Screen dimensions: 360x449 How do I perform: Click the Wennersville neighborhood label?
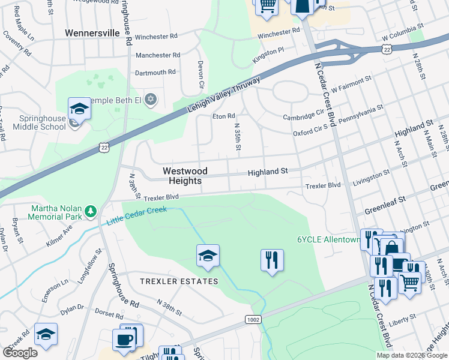tap(92, 33)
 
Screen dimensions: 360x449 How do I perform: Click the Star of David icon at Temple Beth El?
tap(151, 100)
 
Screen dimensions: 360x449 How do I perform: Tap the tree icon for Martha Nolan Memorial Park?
tap(90, 211)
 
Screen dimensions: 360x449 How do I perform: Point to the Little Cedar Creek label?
tap(136, 217)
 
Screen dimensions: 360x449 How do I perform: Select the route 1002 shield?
tap(253, 320)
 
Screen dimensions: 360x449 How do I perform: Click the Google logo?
tap(20, 352)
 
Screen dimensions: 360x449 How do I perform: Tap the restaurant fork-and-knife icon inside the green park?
tap(272, 260)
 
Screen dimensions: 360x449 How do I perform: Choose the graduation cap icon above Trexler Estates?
tap(208, 256)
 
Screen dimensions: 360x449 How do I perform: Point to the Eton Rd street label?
tap(222, 116)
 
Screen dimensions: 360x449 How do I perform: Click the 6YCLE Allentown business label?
tap(328, 239)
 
